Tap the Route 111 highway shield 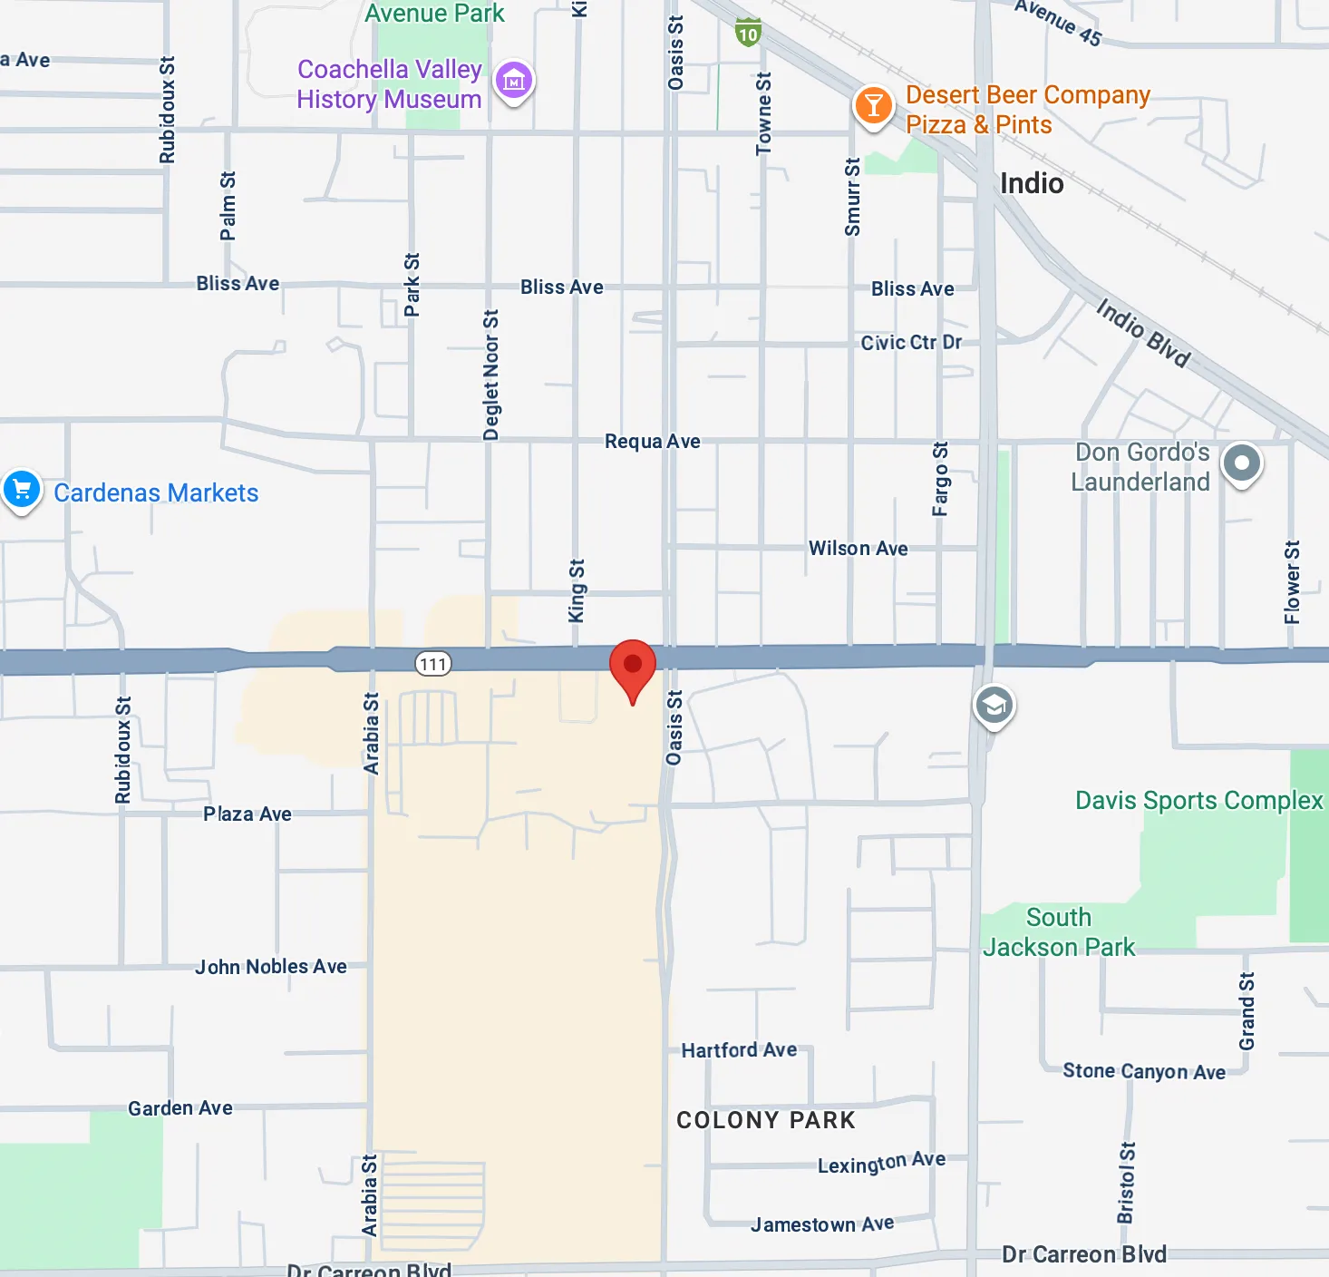click(433, 664)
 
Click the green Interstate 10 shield click(748, 34)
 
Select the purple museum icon click(514, 82)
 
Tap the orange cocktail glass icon click(873, 106)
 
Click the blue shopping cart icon click(22, 490)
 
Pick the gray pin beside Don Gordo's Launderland click(1242, 463)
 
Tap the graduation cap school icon click(994, 705)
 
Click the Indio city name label click(1032, 183)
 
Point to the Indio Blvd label click(1142, 333)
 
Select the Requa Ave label click(653, 442)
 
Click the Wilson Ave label click(858, 549)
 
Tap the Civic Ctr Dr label click(911, 343)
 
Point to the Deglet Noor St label click(491, 375)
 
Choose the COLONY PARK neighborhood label click(766, 1120)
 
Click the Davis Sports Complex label click(1198, 800)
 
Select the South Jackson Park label click(1059, 932)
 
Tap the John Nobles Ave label click(271, 967)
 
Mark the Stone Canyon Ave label click(1144, 1071)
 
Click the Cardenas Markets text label click(156, 492)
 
